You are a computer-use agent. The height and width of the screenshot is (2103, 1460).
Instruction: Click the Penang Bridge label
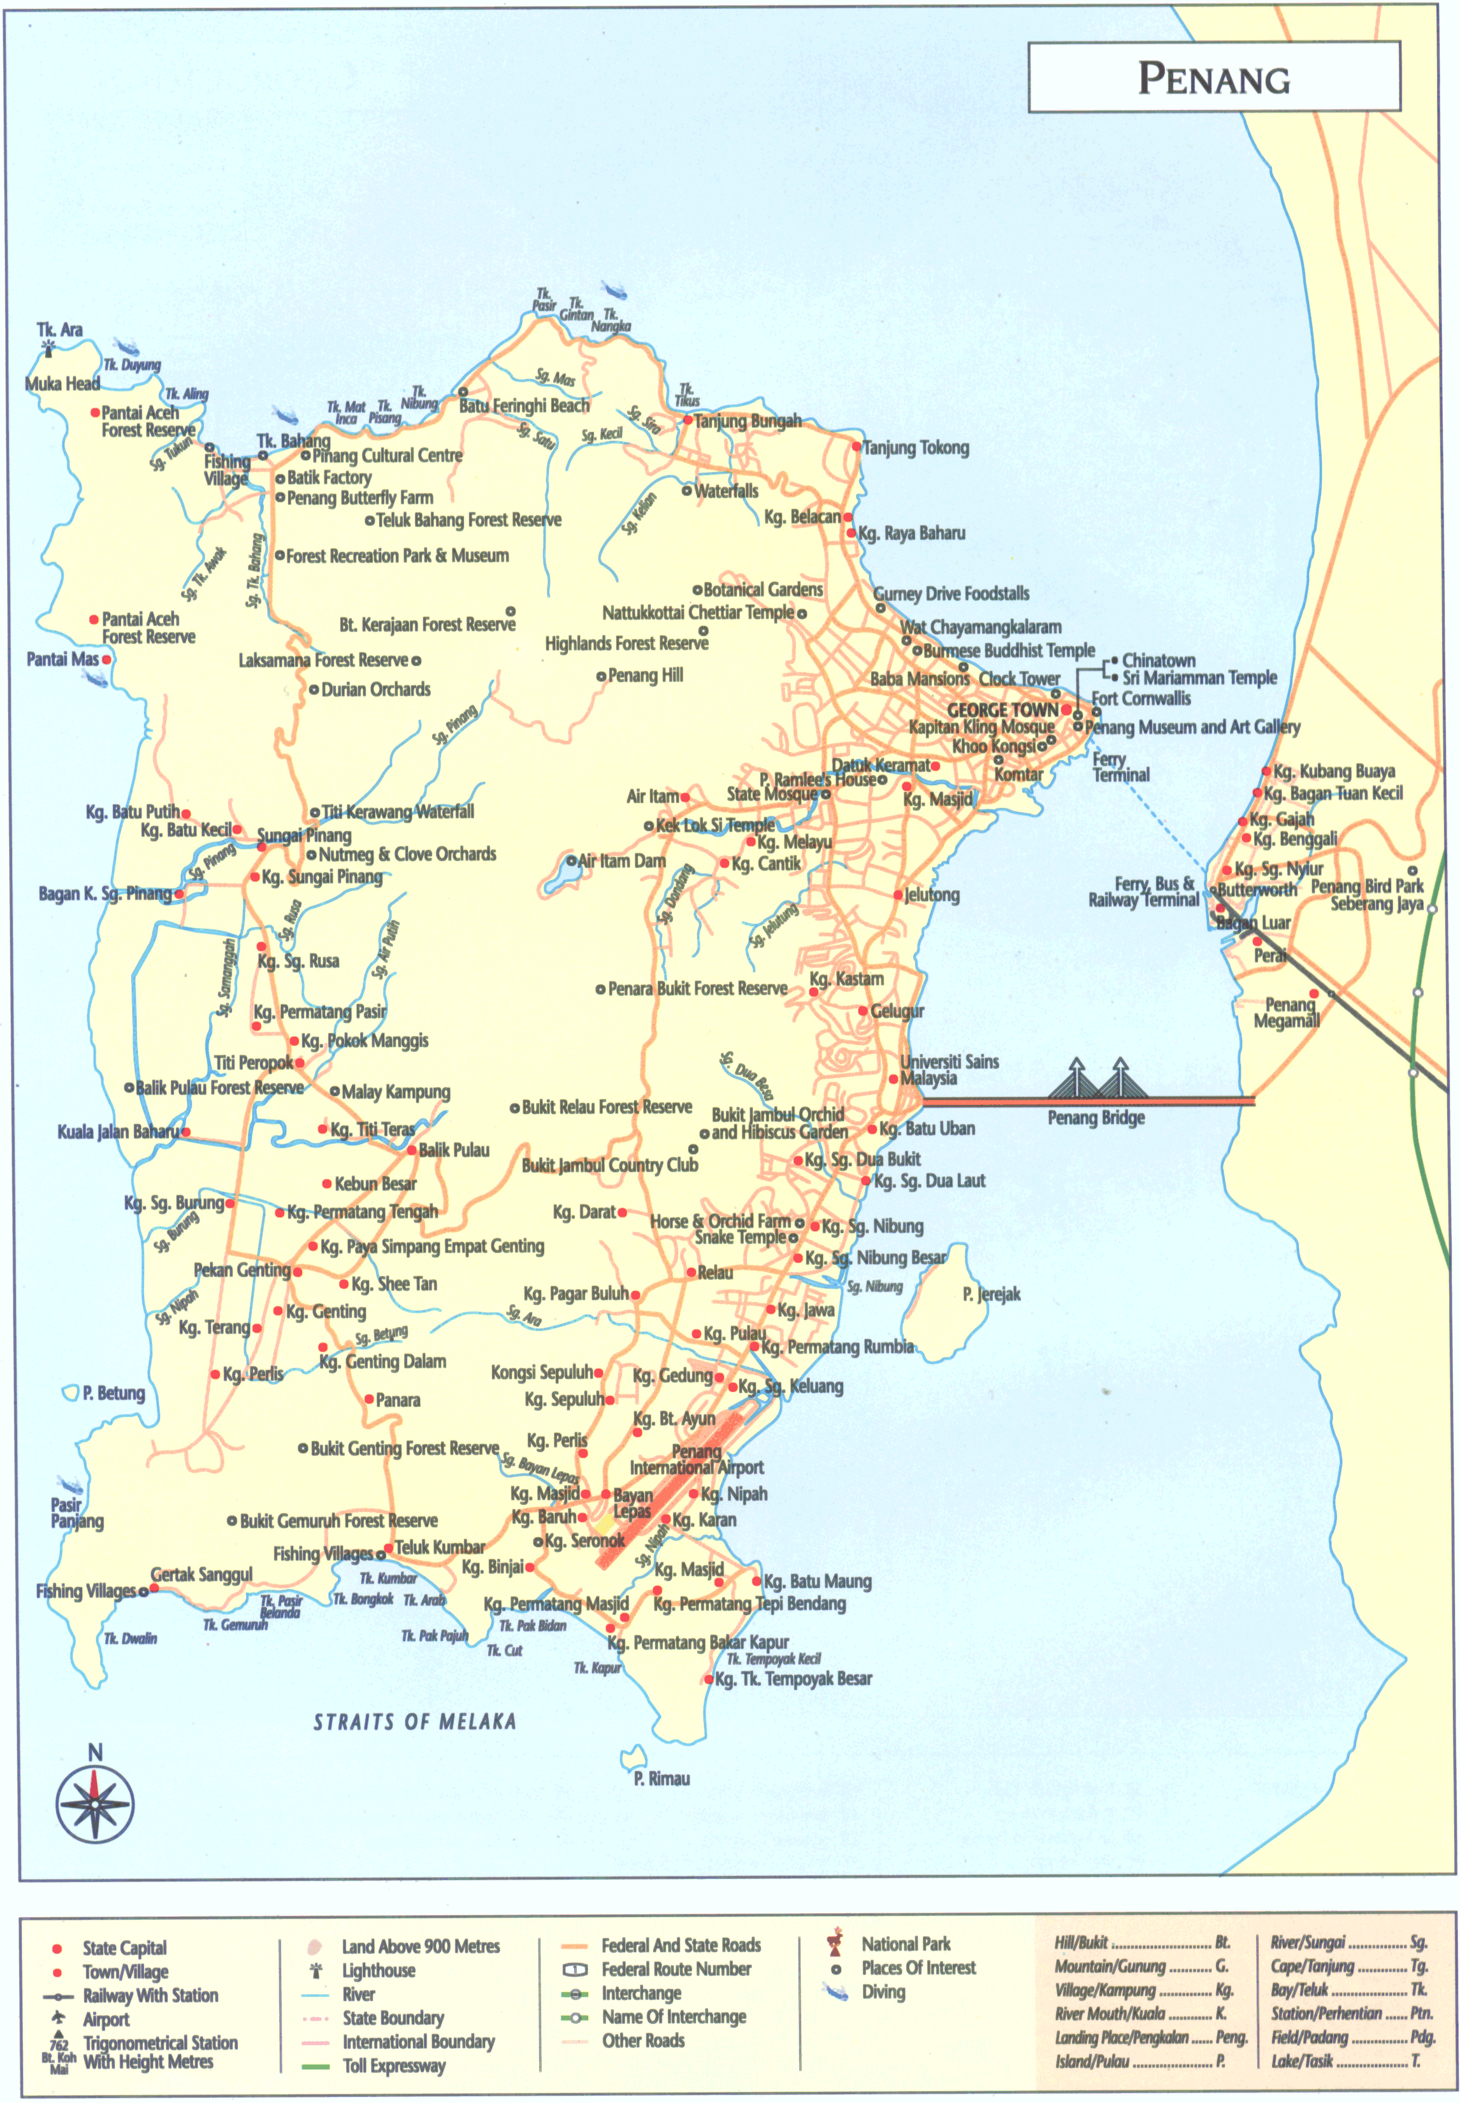1096,1118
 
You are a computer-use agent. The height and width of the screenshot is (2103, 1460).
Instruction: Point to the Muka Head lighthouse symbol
48,347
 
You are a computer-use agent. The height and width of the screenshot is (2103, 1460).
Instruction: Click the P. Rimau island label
661,1778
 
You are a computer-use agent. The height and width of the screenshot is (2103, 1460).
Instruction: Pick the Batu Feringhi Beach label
524,405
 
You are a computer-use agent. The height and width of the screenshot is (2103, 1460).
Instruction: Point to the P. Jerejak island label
991,1294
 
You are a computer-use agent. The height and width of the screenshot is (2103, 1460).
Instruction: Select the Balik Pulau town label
454,1150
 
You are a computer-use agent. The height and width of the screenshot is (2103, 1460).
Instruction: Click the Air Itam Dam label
622,861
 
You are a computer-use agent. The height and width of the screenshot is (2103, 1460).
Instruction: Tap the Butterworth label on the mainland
1256,889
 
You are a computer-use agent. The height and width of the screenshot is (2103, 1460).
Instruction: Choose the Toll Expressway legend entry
393,2065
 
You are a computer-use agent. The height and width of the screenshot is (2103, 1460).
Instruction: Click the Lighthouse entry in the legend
378,1970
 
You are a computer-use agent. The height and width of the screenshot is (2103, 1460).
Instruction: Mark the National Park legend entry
905,1944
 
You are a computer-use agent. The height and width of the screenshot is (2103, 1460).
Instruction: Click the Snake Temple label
740,1237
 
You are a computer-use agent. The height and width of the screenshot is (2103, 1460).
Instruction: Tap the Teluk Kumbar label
439,1547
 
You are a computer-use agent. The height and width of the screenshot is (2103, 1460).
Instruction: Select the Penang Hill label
645,675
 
